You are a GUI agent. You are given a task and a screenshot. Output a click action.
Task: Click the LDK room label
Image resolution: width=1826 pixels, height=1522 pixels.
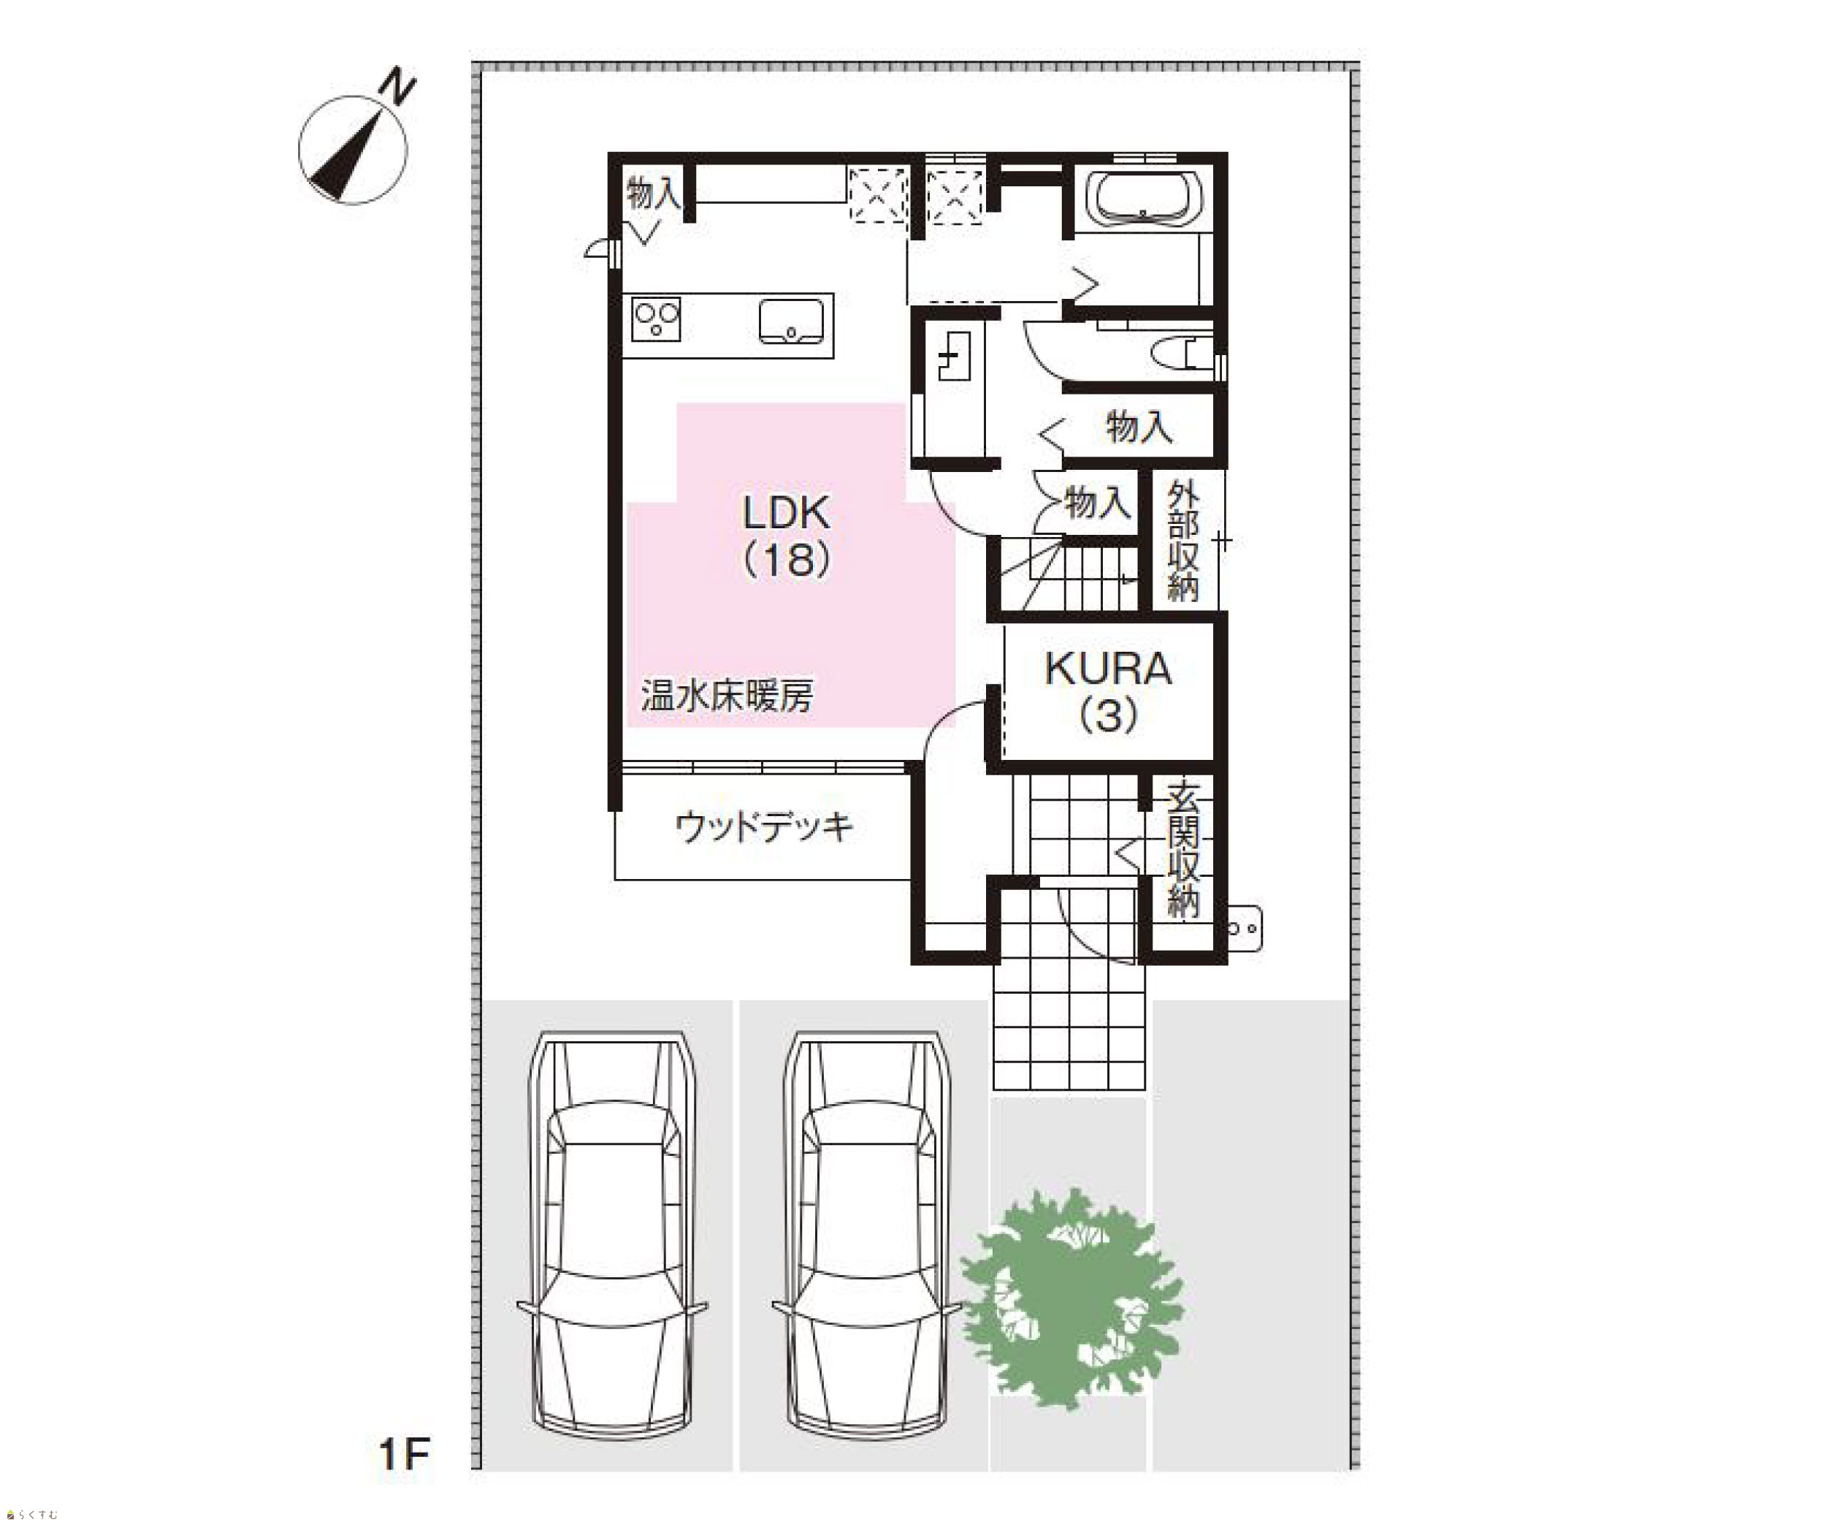pos(787,513)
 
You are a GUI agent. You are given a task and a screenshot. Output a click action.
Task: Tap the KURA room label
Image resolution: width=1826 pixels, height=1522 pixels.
pos(1108,668)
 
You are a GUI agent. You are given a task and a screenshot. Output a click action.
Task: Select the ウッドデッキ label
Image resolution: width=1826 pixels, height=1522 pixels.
pos(764,826)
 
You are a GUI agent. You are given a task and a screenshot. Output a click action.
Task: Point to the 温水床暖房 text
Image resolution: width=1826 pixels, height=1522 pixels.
pos(727,696)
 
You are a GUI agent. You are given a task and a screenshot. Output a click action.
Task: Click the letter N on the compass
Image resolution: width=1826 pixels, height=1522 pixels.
pos(400,88)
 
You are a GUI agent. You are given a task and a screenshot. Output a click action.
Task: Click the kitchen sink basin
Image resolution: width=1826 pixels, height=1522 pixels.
pos(791,321)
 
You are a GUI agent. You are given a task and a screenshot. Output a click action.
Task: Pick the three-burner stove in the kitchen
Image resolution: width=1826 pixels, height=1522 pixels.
pos(657,319)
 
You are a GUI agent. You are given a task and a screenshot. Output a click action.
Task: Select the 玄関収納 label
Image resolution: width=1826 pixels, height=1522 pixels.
pos(1183,850)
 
